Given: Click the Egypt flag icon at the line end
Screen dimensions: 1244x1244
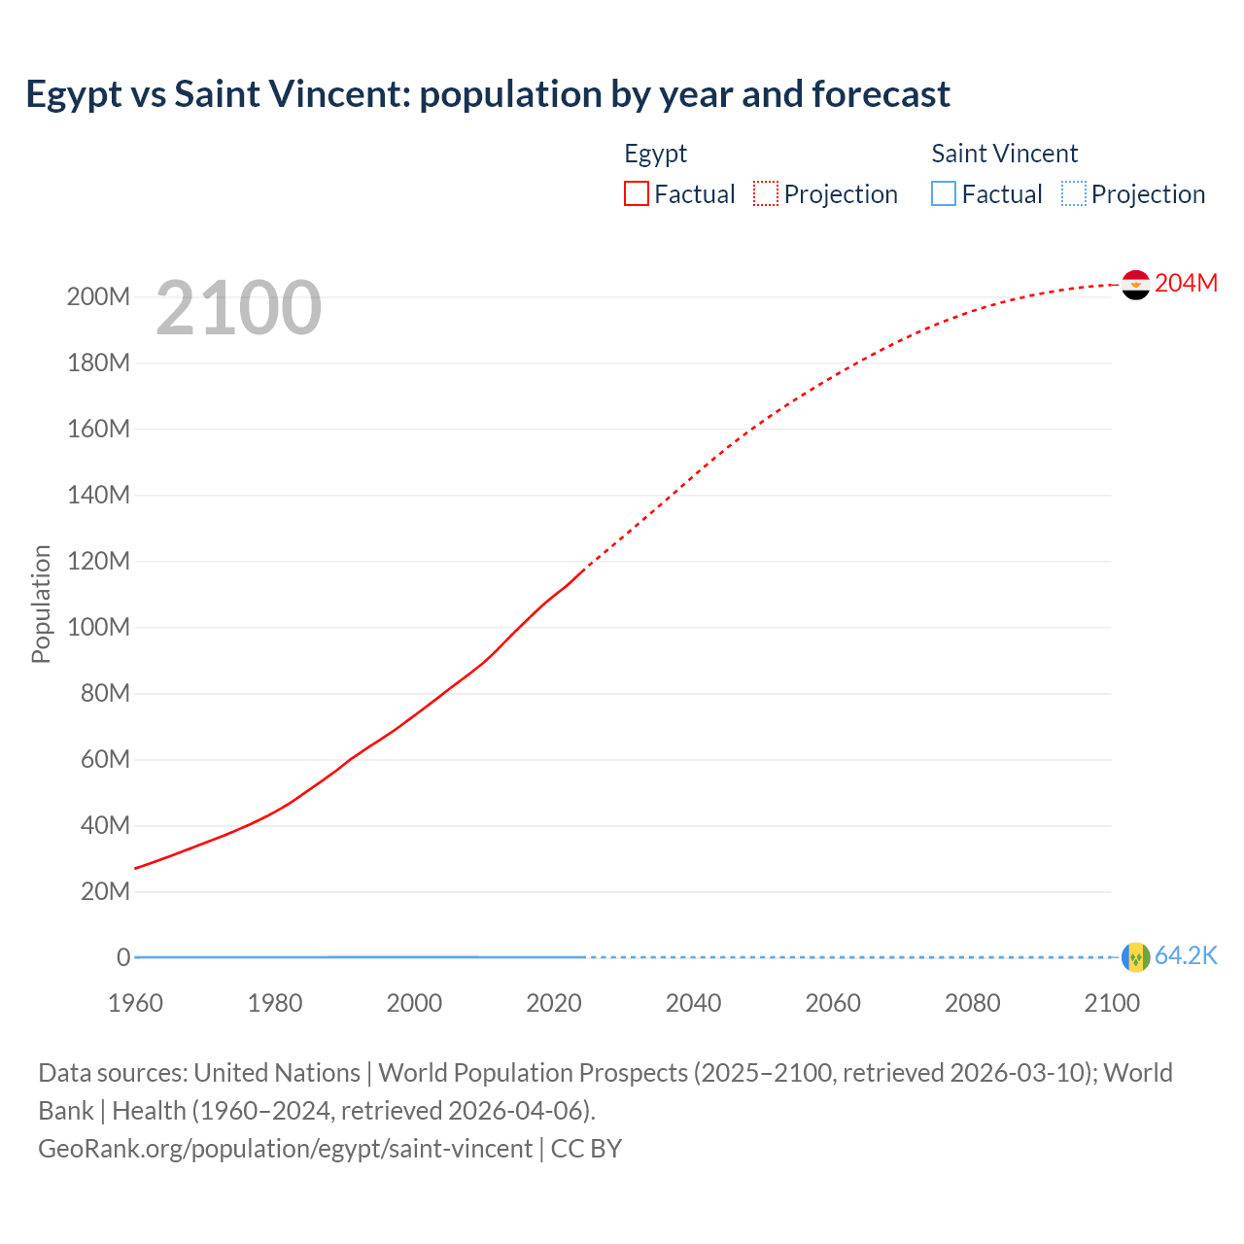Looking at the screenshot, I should click(1135, 285).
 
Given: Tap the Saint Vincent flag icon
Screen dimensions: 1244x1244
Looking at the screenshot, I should click(1135, 957).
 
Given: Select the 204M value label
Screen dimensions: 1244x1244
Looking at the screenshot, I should click(1186, 283).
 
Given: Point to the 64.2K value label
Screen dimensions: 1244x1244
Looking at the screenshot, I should click(1186, 956).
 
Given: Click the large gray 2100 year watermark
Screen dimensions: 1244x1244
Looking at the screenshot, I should click(238, 308).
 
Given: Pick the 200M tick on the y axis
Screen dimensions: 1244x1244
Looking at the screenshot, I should click(98, 297).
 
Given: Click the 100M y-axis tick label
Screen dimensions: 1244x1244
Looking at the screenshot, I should click(98, 628).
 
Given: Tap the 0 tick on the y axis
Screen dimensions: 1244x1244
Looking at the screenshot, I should click(123, 958).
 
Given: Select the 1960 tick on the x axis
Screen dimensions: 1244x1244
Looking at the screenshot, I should click(135, 1003).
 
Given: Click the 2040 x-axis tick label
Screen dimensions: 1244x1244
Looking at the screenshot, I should click(693, 1003).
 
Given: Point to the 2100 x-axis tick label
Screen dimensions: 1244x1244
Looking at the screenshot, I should click(1112, 1003).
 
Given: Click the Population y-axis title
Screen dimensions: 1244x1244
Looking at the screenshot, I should click(41, 604).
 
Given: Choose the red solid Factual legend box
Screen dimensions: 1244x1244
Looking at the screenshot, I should click(636, 194).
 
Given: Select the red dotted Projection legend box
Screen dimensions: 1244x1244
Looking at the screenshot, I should click(766, 194).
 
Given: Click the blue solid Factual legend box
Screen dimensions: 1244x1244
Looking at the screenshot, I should click(944, 194).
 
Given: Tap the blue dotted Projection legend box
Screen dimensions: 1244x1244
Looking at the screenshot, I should click(1074, 194).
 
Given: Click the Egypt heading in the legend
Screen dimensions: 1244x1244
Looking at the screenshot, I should click(655, 154).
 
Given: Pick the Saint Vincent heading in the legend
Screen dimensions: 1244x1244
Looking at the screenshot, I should click(1004, 154).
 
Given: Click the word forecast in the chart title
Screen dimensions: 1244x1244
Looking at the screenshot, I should click(881, 94).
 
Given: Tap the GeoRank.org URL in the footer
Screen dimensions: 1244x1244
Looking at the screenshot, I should click(285, 1149).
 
